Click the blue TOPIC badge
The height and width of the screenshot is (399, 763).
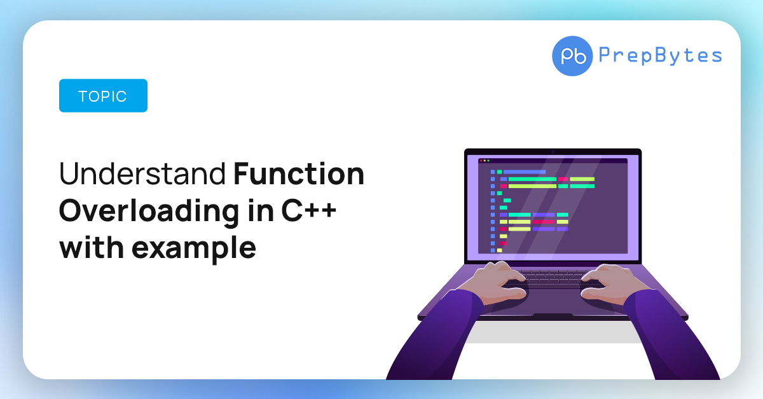tap(103, 96)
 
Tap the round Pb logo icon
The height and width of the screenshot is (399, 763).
tap(572, 56)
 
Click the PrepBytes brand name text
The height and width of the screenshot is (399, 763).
tap(660, 55)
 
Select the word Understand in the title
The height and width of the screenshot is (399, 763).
tap(142, 173)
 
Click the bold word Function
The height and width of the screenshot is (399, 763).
tap(299, 173)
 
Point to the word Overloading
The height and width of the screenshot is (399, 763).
tap(149, 212)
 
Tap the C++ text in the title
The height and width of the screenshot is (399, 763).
tap(309, 210)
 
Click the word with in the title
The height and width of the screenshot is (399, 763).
tap(92, 247)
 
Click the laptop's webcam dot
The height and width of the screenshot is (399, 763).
tap(553, 152)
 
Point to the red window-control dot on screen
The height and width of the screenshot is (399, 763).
tap(481, 161)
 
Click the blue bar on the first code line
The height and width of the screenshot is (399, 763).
tap(525, 172)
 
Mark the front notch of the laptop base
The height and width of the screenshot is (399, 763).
tap(553, 315)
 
